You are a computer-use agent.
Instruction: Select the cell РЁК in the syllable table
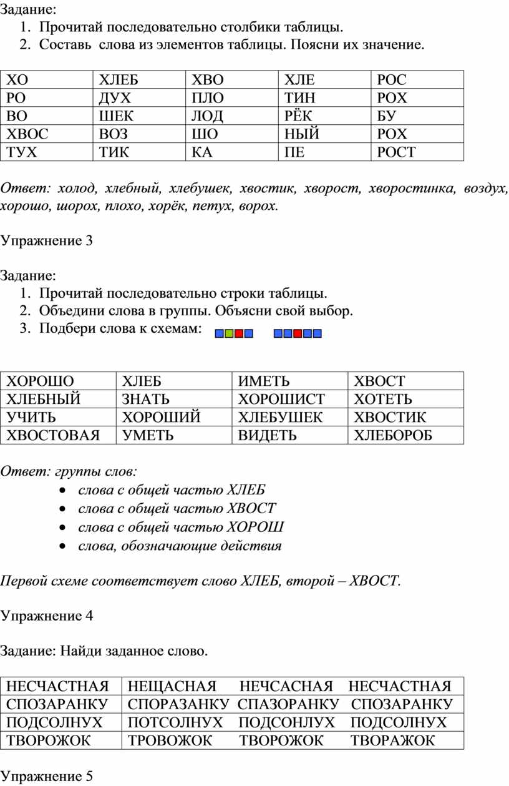pyautogui.click(x=298, y=115)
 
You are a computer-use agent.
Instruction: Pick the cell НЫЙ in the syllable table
pyautogui.click(x=302, y=134)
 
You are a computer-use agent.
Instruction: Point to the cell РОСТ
pyautogui.click(x=396, y=152)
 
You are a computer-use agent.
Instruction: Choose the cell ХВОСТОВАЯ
pyautogui.click(x=53, y=435)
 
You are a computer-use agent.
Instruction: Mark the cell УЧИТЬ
pyautogui.click(x=31, y=417)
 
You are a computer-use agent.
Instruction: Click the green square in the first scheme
pyautogui.click(x=229, y=334)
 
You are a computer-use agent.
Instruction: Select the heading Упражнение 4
pyautogui.click(x=47, y=616)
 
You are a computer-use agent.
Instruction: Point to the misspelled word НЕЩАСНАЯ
pyautogui.click(x=172, y=686)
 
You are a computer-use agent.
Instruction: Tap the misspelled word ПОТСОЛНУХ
pyautogui.click(x=175, y=722)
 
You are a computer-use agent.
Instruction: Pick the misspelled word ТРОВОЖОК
pyautogui.click(x=170, y=740)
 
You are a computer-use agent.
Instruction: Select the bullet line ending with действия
pyautogui.click(x=180, y=546)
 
